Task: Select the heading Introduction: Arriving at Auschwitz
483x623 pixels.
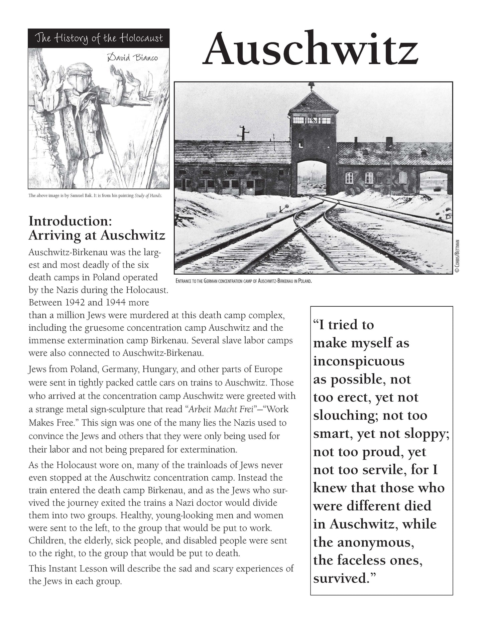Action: pyautogui.click(x=97, y=228)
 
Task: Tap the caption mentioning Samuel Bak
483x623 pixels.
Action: pyautogui.click(x=95, y=195)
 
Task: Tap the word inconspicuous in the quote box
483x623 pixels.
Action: pyautogui.click(x=359, y=361)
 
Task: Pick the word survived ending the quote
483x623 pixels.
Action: pyautogui.click(x=341, y=578)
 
